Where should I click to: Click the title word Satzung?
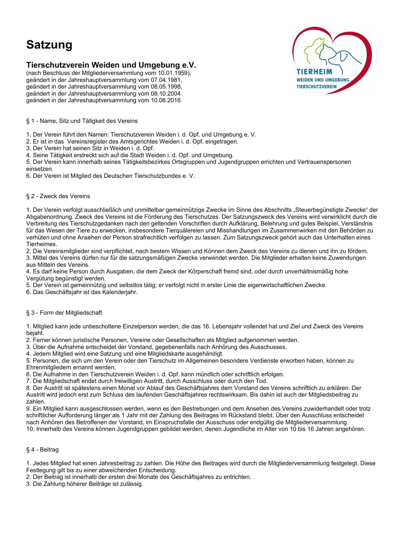49,45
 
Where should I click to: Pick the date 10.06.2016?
166,100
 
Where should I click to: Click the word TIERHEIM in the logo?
314,72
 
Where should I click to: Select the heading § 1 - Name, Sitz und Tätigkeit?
82,121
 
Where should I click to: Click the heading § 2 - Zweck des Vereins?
58,196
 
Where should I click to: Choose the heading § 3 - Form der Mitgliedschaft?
64,313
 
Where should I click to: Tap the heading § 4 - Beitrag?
43,450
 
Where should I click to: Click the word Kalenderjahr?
120,292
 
